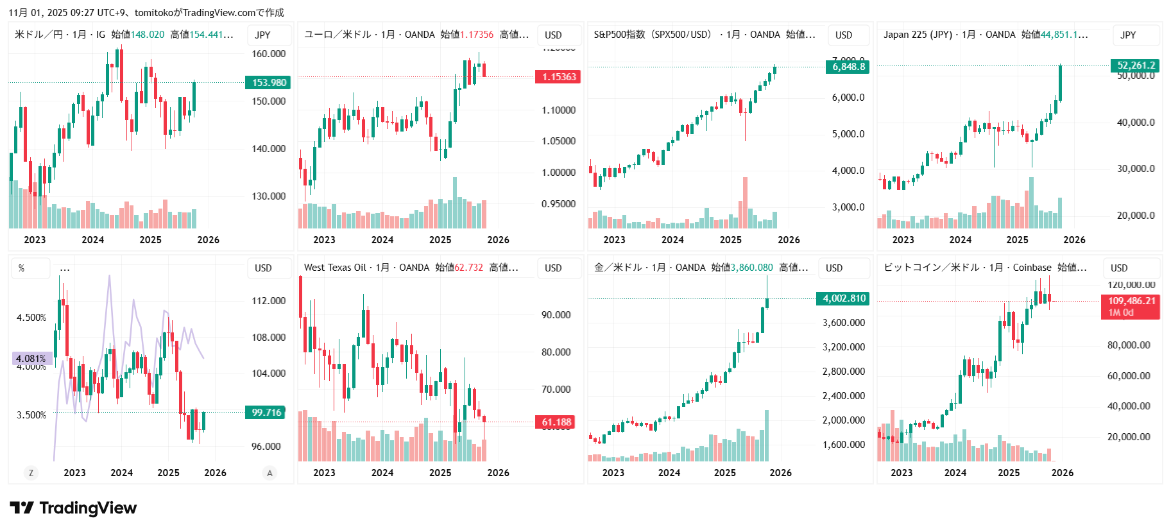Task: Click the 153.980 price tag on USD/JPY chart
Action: pyautogui.click(x=268, y=83)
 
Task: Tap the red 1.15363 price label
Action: pyautogui.click(x=558, y=77)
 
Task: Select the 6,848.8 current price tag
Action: pyautogui.click(x=848, y=67)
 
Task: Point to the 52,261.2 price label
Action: pyautogui.click(x=1136, y=65)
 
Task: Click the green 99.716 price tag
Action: pyautogui.click(x=266, y=413)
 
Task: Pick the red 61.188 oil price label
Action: pyautogui.click(x=556, y=422)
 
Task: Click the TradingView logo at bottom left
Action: pyautogui.click(x=73, y=508)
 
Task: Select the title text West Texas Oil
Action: pyautogui.click(x=335, y=268)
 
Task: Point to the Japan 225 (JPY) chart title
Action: pyautogui.click(x=918, y=35)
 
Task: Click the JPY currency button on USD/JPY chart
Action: pyautogui.click(x=262, y=35)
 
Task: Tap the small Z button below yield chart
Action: pyautogui.click(x=31, y=473)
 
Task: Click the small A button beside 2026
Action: pyautogui.click(x=269, y=473)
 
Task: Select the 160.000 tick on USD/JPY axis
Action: pyautogui.click(x=268, y=54)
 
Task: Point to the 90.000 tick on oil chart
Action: pyautogui.click(x=556, y=315)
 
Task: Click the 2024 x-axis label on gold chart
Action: pyautogui.click(x=669, y=473)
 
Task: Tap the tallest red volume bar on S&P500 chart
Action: pyautogui.click(x=745, y=202)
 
